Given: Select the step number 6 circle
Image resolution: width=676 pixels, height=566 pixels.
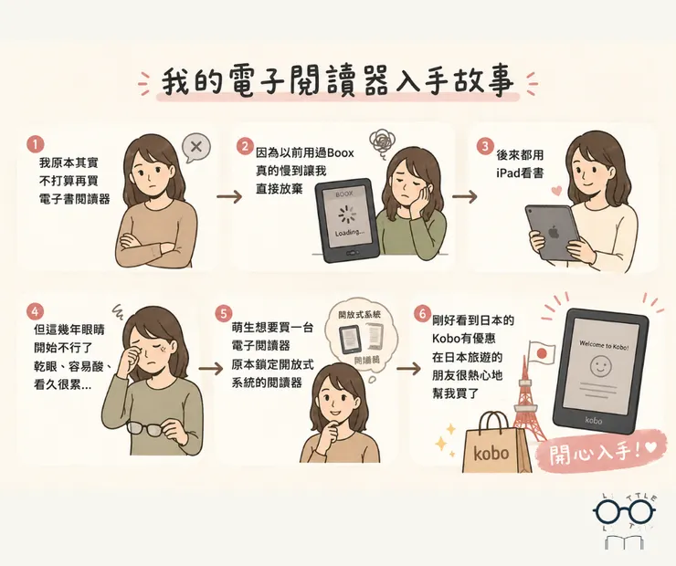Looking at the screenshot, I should [423, 313].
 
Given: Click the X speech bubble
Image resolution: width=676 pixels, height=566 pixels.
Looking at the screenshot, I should [194, 146].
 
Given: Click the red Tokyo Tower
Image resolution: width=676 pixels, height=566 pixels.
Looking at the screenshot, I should [530, 402].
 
